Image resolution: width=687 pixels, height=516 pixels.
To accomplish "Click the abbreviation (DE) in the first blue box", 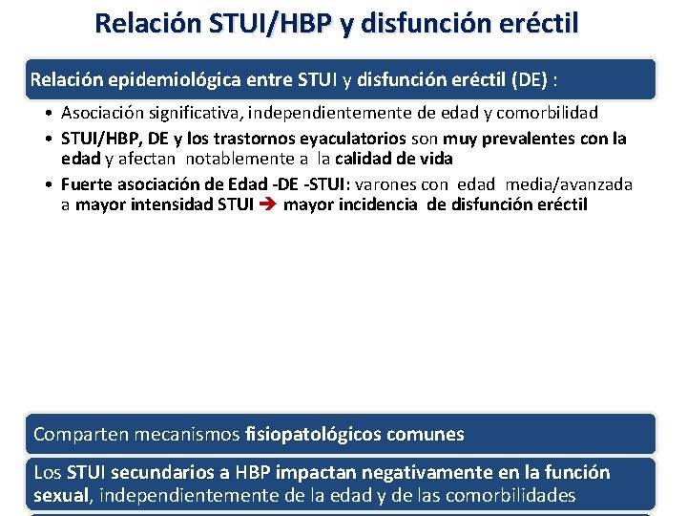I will click(x=541, y=78).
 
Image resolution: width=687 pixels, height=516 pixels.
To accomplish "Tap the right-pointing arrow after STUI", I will click(x=267, y=204).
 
